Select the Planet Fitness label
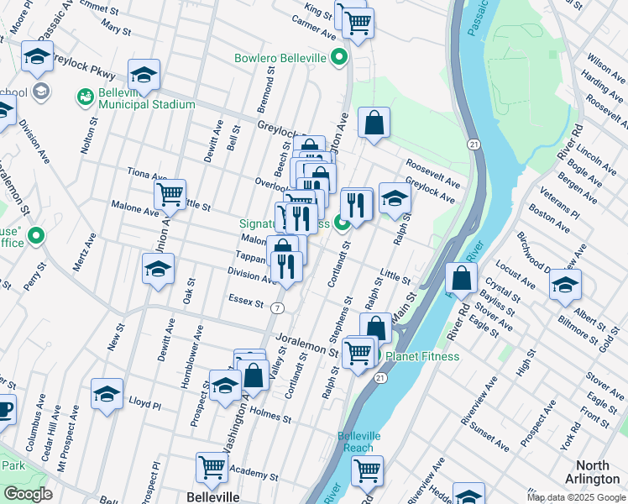tap(422, 356)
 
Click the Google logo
tap(28, 494)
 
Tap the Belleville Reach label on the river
tap(359, 442)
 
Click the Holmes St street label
tap(270, 415)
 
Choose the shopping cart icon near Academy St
tap(212, 467)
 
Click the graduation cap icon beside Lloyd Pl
tap(107, 392)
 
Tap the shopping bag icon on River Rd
tap(462, 277)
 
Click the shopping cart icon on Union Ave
tap(170, 196)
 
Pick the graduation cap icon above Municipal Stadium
tap(144, 74)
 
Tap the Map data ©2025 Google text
tap(576, 497)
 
